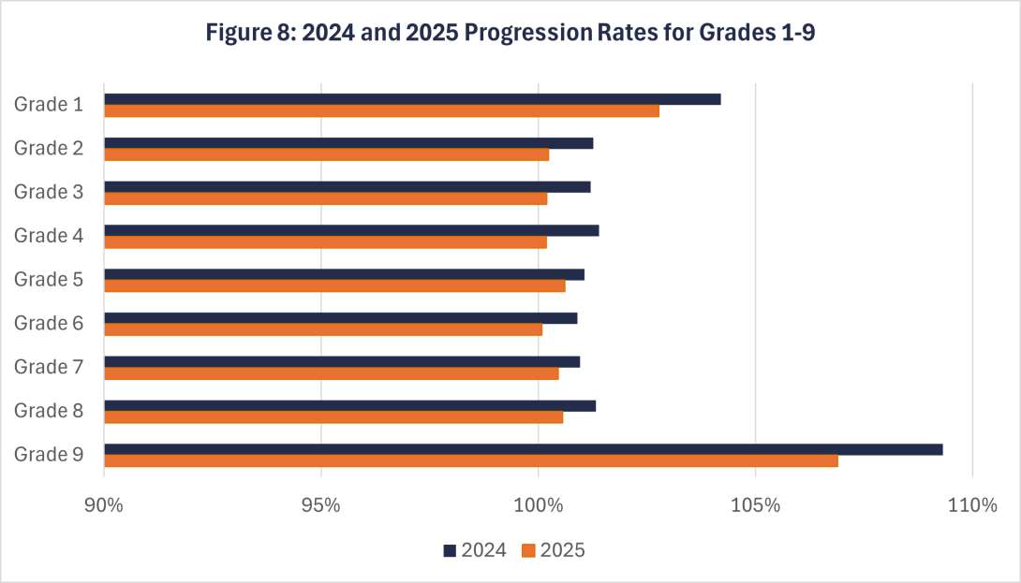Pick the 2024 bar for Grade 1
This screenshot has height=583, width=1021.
coord(412,99)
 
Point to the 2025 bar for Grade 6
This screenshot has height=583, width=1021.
coord(323,329)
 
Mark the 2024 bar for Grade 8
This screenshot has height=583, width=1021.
coord(349,405)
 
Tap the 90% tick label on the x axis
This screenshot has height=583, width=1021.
coord(104,506)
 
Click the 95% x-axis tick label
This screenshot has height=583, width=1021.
coord(321,506)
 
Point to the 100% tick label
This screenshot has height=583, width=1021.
coord(539,506)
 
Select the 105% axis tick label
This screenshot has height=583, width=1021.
coord(756,506)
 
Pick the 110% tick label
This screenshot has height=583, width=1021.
coord(972,506)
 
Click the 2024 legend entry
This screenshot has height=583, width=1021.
coord(475,550)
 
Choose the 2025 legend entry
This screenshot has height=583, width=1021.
coord(554,550)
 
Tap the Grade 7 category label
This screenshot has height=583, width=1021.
coord(49,367)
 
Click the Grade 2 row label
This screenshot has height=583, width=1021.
coord(49,148)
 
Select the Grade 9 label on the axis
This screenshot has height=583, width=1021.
coord(49,455)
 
